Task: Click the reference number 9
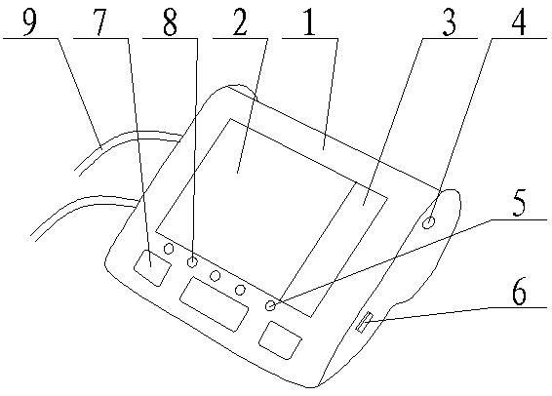click(29, 21)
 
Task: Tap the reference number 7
click(99, 22)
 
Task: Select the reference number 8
click(170, 22)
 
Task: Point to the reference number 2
click(240, 22)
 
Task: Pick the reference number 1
click(309, 22)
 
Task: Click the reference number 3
click(449, 22)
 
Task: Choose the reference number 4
click(519, 22)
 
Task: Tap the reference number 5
click(519, 203)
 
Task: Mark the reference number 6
click(519, 292)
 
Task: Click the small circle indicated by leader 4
click(429, 222)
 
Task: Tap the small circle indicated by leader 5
click(270, 305)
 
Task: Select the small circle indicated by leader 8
click(192, 262)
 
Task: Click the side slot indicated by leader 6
click(364, 322)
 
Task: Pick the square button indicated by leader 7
click(152, 268)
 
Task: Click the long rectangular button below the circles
click(214, 304)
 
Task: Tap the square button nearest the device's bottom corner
click(280, 340)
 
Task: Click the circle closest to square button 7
click(169, 249)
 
